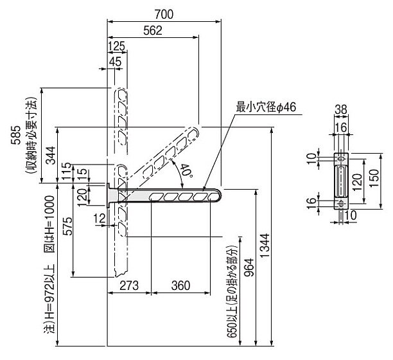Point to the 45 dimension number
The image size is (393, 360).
point(115,61)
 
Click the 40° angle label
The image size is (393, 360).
point(186,170)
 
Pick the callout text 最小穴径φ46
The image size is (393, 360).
point(266,107)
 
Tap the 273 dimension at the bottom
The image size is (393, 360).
point(129,285)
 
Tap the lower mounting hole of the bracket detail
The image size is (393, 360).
point(340,203)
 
